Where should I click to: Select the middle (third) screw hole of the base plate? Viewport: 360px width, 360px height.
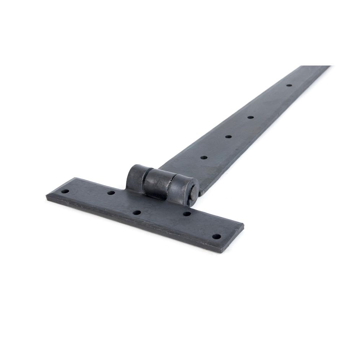136,213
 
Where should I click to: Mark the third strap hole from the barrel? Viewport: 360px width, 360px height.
250,117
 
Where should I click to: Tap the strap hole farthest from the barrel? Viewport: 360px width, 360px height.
289,85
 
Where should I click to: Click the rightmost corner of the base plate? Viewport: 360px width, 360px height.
244,225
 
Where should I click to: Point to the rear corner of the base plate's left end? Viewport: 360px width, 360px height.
74,177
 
